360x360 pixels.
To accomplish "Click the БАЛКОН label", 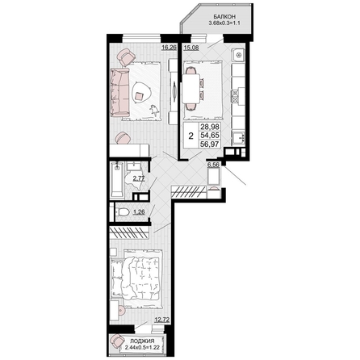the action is (x=224, y=16).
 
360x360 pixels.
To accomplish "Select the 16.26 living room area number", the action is (x=169, y=48).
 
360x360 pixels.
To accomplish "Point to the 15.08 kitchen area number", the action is (x=191, y=48).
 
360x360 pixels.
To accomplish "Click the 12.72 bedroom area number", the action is (x=162, y=320).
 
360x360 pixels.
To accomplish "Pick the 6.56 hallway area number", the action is (x=213, y=165).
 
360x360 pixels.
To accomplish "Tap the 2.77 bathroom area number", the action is (x=139, y=178).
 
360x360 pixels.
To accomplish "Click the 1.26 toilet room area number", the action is (x=139, y=212).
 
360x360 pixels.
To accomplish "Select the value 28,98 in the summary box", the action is (x=210, y=127).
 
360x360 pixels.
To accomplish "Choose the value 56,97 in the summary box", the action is (x=210, y=144).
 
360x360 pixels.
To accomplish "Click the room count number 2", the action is (x=190, y=136).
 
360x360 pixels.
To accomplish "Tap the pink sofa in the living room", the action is (x=120, y=92).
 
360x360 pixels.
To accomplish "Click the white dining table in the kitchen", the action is (x=190, y=89).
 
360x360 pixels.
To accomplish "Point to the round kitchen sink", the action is (x=238, y=56).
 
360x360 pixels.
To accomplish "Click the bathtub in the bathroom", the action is (x=118, y=179).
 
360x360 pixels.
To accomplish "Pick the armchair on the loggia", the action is (x=117, y=341).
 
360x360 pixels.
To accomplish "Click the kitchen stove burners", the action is (x=235, y=96).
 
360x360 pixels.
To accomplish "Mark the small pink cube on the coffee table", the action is (x=139, y=96).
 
